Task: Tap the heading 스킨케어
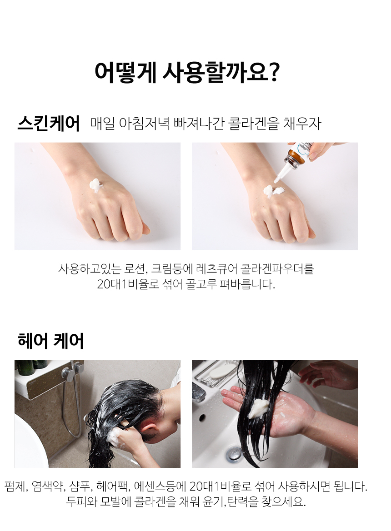pos(49,123)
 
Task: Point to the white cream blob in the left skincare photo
pos(96,184)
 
